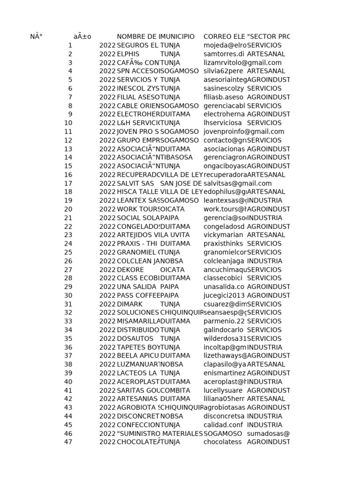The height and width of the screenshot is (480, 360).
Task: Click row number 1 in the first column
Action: pyautogui.click(x=70, y=45)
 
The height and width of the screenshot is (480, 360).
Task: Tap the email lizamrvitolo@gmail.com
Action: pyautogui.click(x=242, y=63)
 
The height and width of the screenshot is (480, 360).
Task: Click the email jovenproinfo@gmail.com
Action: pyautogui.click(x=244, y=132)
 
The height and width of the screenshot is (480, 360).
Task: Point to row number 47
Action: pyautogui.click(x=68, y=442)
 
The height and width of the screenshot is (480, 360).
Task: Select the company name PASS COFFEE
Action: pyautogui.click(x=138, y=295)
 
